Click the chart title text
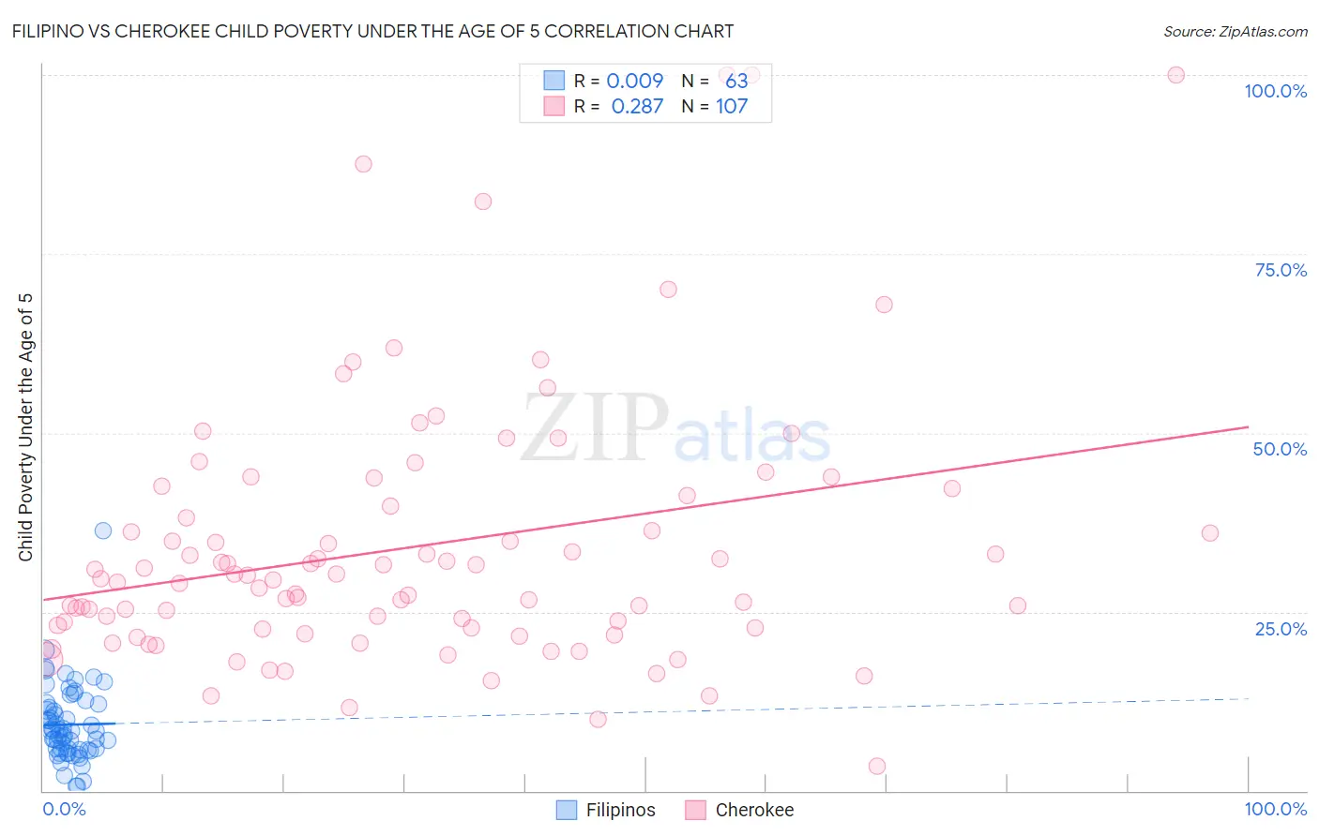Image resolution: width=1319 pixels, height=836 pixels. (x=372, y=32)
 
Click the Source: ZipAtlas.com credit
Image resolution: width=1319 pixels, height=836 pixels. (x=1235, y=32)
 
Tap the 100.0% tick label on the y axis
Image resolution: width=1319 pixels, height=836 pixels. (x=1275, y=91)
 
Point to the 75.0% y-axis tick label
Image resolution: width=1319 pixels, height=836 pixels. (x=1281, y=270)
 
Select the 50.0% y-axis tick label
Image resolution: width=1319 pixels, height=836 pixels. (x=1280, y=449)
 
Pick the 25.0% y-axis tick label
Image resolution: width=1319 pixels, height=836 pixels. (x=1281, y=629)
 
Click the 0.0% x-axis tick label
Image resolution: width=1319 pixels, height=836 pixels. (x=64, y=809)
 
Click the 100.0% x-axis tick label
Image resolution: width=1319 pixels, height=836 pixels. (x=1275, y=809)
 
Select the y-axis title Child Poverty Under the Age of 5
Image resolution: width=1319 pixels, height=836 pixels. (x=26, y=427)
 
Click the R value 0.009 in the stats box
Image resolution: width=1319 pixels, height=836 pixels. (x=635, y=82)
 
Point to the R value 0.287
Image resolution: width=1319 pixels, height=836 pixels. (x=637, y=107)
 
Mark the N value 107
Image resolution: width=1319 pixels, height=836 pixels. (x=732, y=107)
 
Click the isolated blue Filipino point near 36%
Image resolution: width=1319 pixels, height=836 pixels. (x=103, y=530)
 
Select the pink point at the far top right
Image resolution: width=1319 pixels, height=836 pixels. (x=1175, y=75)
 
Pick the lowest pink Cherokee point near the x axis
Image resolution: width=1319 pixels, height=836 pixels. (x=877, y=766)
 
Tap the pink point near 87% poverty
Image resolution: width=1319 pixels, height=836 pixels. (x=363, y=164)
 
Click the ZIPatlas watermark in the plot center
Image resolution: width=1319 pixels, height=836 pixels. (x=675, y=429)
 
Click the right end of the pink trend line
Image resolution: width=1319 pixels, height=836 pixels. (x=1248, y=427)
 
